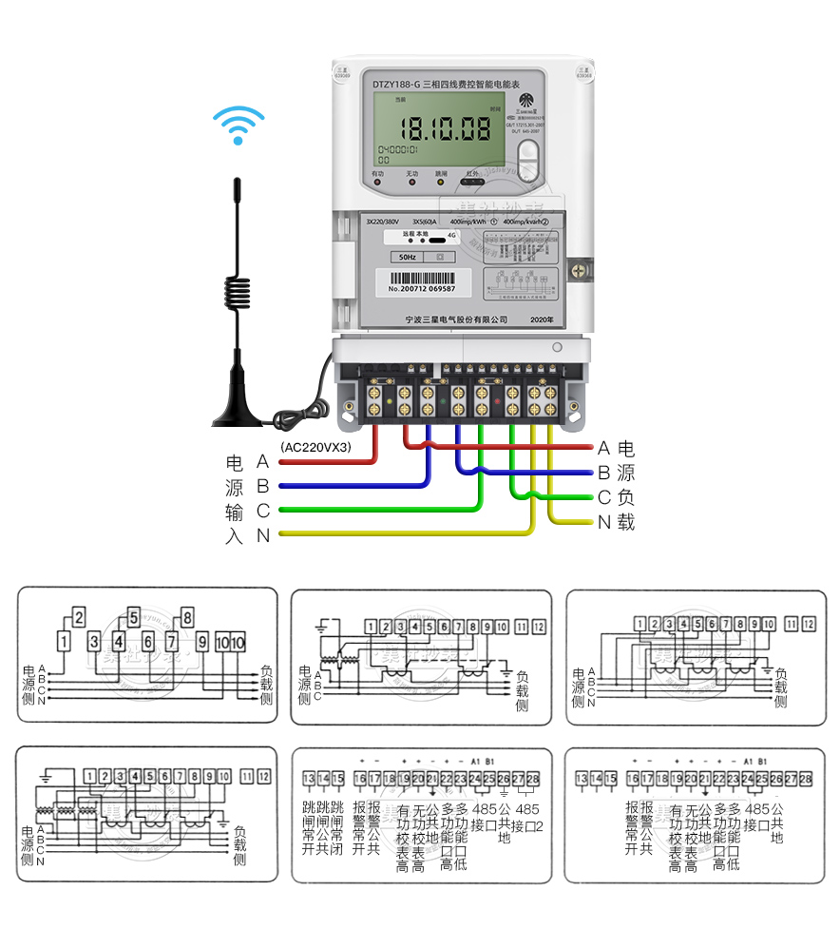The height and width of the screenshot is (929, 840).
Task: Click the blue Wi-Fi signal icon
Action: click(x=238, y=125)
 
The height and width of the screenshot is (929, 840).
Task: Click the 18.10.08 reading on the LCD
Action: click(x=445, y=128)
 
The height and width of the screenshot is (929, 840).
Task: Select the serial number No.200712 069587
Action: click(x=422, y=288)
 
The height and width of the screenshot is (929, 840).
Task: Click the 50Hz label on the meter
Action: click(x=407, y=257)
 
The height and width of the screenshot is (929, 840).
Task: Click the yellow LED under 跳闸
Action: click(x=440, y=182)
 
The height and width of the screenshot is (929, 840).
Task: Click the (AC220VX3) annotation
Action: click(x=316, y=446)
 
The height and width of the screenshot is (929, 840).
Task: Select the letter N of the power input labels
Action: click(x=263, y=536)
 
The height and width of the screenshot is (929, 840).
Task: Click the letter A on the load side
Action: click(x=603, y=448)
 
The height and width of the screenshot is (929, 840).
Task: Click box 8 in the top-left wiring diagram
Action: click(x=187, y=616)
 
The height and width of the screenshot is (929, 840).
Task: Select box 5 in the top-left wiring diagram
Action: click(x=133, y=616)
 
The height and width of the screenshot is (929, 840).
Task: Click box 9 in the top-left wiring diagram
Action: click(x=202, y=641)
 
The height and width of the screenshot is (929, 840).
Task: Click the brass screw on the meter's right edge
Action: click(x=577, y=271)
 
